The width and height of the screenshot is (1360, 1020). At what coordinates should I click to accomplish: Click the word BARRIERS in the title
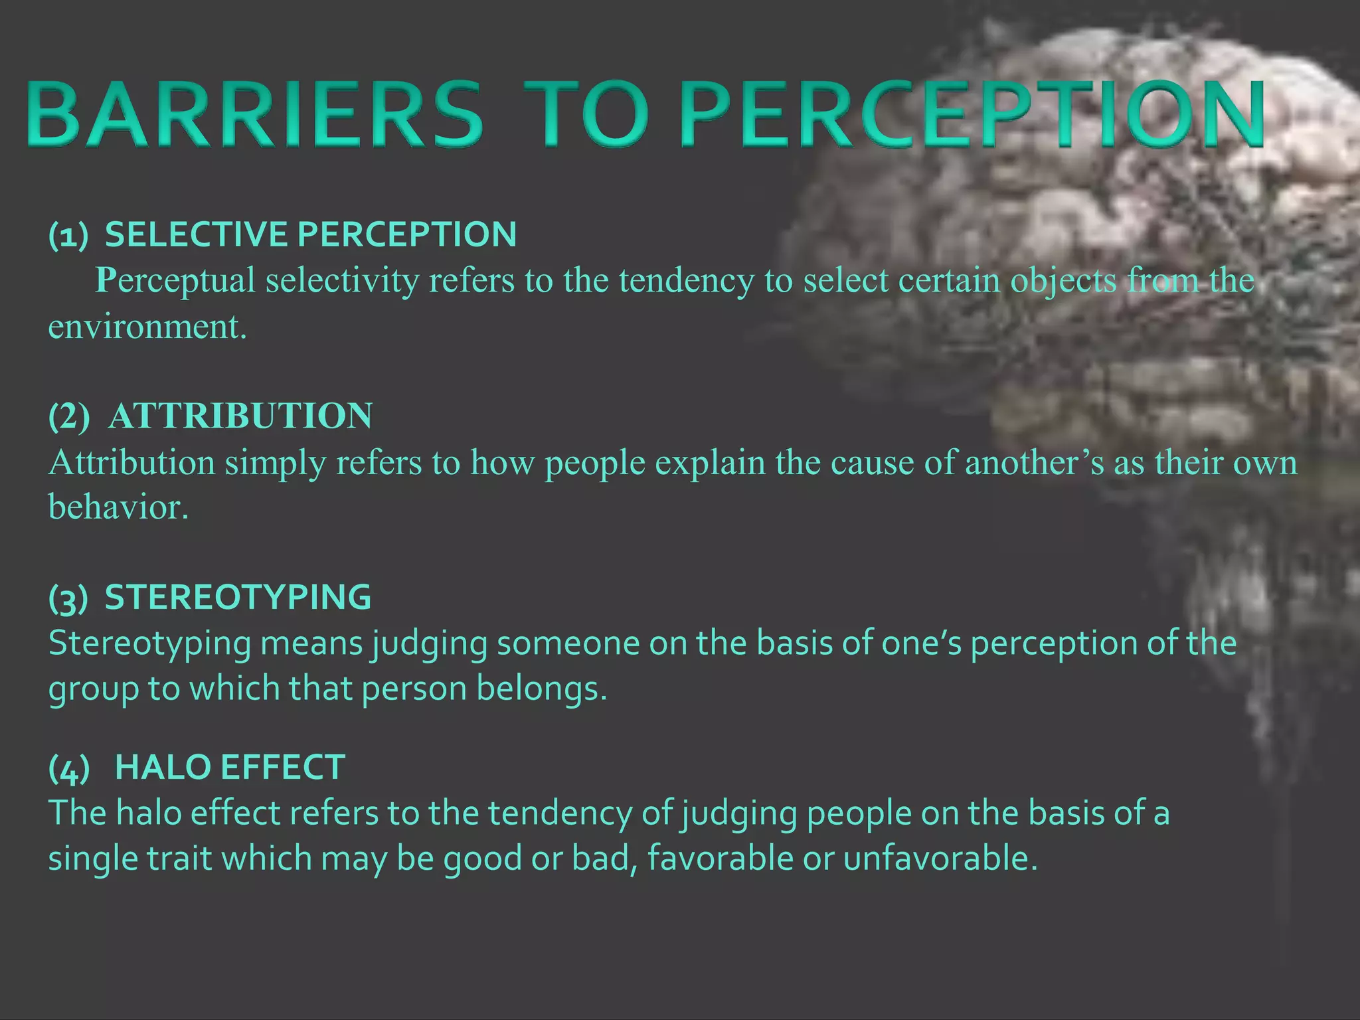click(255, 114)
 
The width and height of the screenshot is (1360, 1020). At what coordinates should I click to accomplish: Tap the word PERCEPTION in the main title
click(973, 114)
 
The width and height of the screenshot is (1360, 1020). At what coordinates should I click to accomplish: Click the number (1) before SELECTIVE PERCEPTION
click(68, 235)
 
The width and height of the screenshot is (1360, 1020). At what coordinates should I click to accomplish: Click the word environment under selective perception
click(147, 327)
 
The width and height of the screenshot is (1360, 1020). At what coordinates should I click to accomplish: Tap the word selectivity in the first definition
click(342, 280)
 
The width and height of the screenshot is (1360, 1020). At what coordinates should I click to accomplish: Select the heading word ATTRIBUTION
click(240, 416)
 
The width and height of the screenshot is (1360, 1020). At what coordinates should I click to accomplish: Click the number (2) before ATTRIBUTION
click(69, 417)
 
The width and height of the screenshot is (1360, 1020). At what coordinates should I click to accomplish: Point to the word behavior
click(118, 507)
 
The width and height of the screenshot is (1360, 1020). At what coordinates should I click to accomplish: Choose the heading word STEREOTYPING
click(238, 597)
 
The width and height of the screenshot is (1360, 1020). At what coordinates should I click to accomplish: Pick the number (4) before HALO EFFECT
click(69, 768)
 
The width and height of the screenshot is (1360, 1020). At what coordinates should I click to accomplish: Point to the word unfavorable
click(940, 858)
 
